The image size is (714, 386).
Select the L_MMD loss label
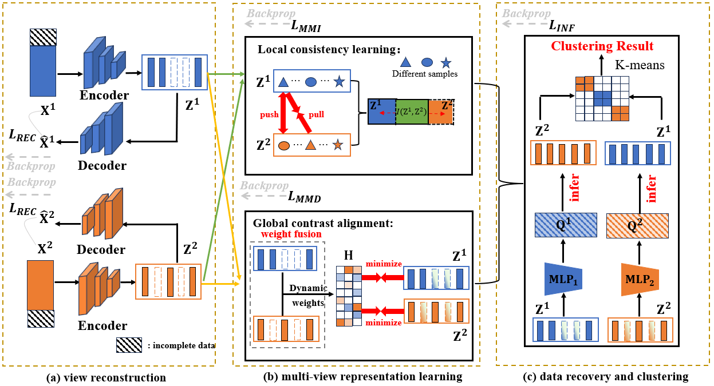pos(305,198)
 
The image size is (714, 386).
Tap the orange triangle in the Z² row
pos(311,145)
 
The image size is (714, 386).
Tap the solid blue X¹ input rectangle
pos(43,71)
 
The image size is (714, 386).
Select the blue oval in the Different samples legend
pos(427,62)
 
